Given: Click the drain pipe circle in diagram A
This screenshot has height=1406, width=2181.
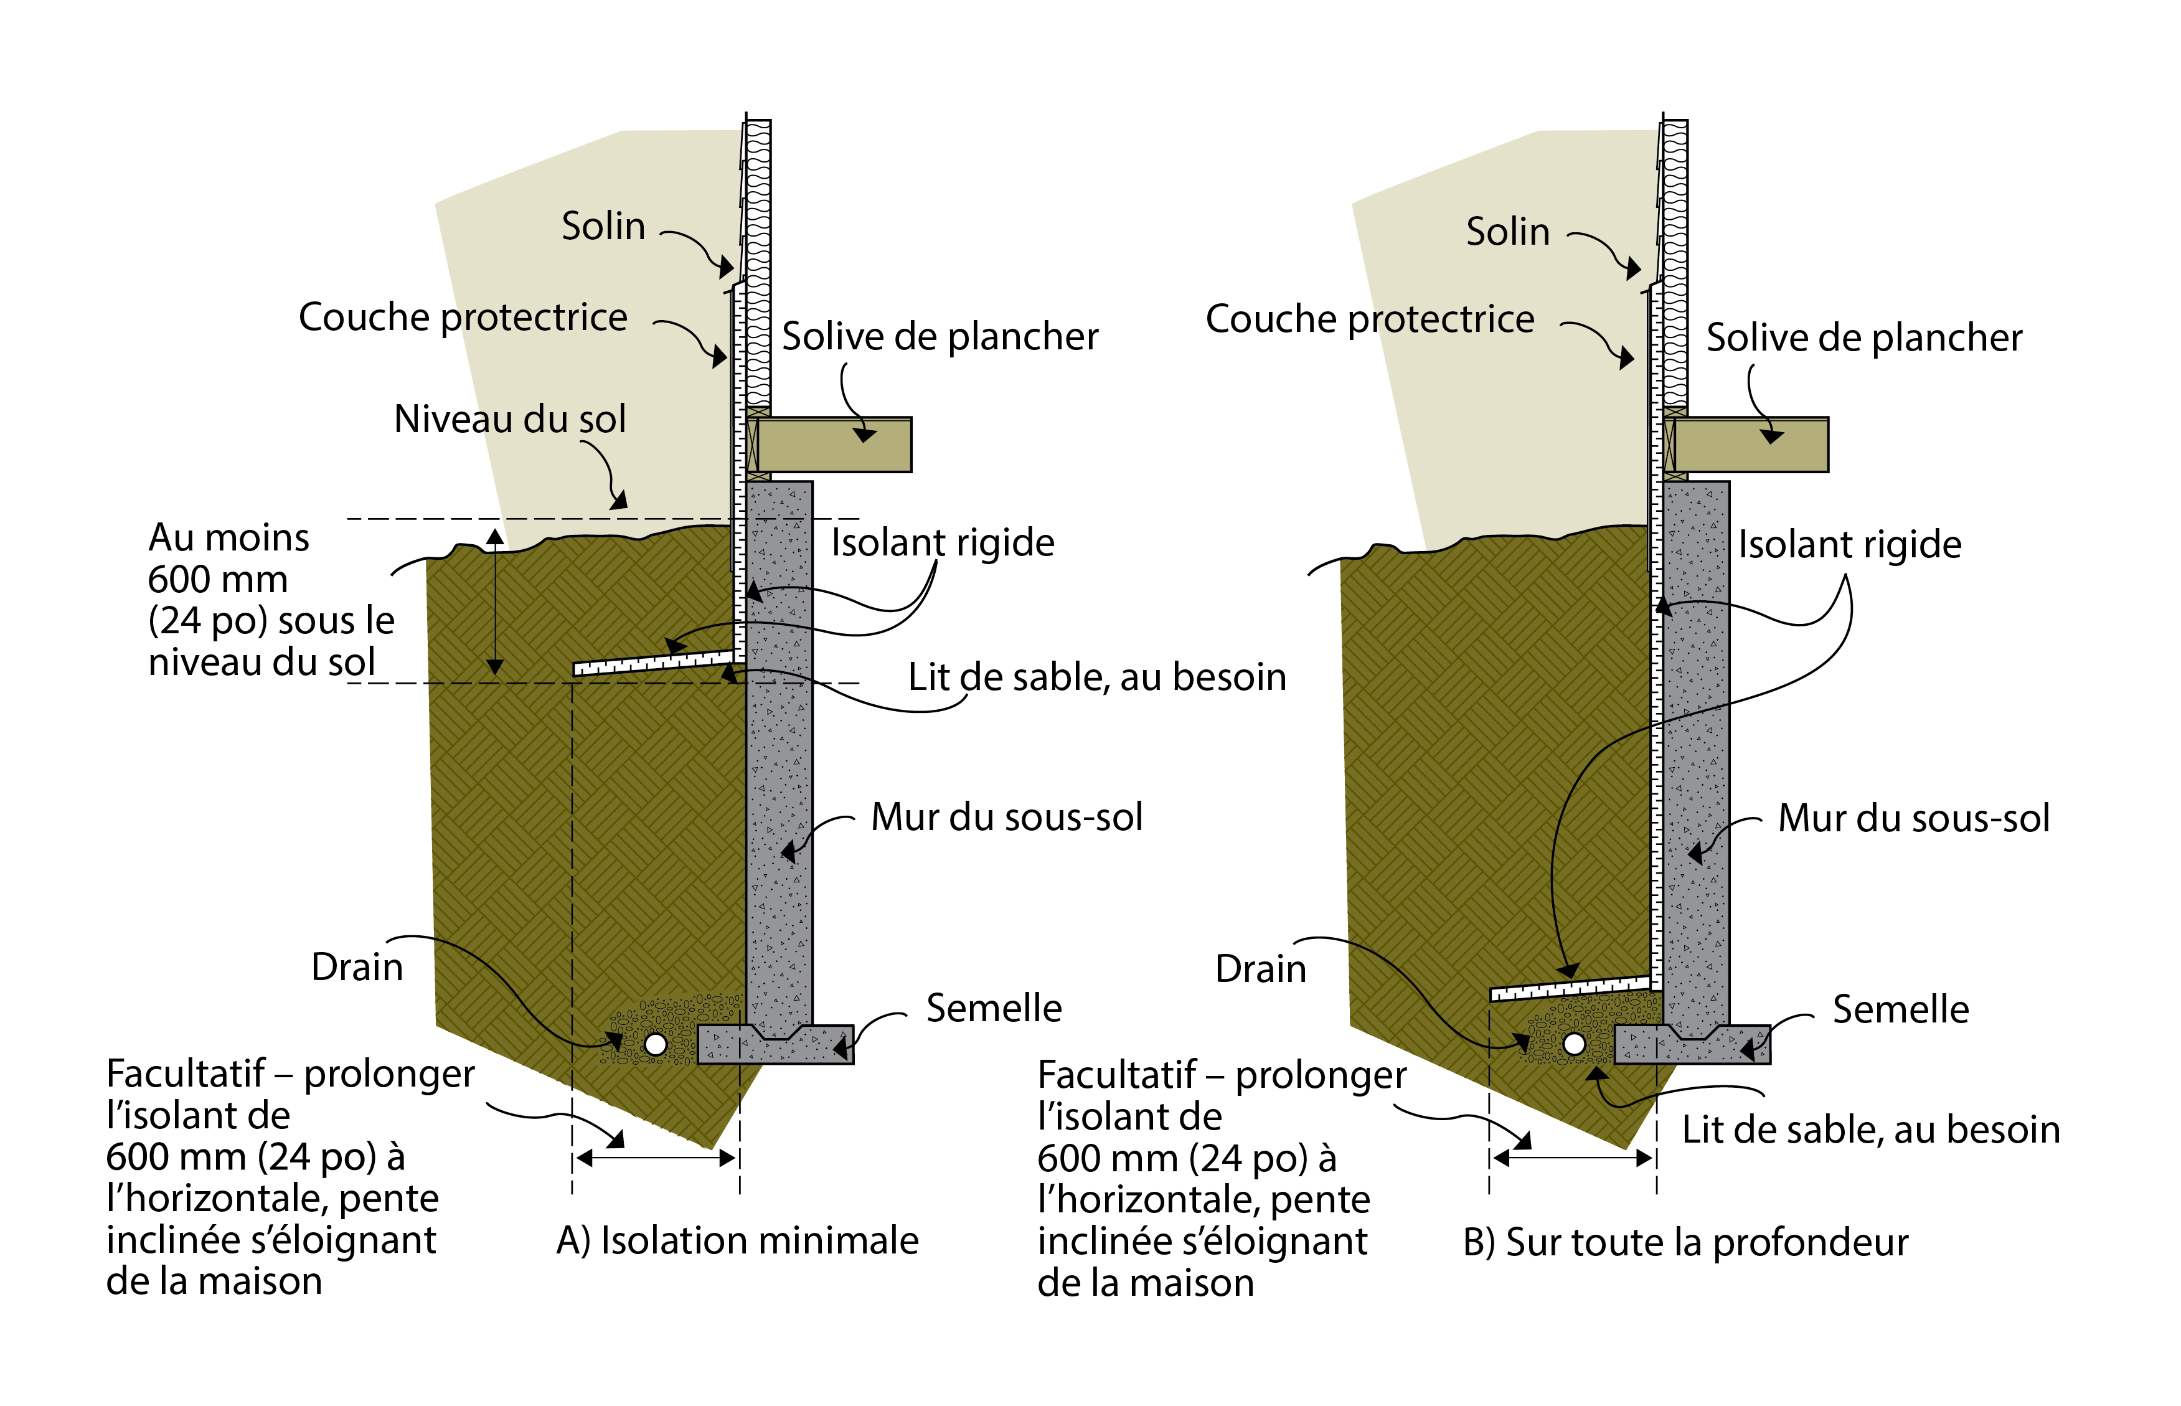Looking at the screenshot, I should (656, 1044).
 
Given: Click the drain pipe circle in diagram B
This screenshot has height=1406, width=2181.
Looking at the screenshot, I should (1574, 1044).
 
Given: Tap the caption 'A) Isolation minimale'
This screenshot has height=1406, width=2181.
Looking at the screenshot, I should (737, 1241).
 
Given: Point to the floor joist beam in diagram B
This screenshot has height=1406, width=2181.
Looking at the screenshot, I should (1751, 445).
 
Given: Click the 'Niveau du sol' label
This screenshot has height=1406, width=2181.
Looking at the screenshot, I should (509, 419).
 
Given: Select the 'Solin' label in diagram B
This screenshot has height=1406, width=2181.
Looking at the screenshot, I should (1507, 232).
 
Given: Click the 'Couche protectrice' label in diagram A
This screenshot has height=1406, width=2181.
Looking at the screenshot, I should (463, 318).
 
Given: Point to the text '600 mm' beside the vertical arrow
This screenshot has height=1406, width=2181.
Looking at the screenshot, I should (217, 580).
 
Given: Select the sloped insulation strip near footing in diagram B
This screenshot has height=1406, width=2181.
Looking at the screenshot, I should (1570, 989).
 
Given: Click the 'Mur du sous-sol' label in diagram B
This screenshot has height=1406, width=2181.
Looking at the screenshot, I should (1913, 819).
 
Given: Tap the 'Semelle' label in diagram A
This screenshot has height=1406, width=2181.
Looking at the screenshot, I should (993, 1009).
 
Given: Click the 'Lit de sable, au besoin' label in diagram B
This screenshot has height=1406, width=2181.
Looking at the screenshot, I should (1870, 1130).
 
